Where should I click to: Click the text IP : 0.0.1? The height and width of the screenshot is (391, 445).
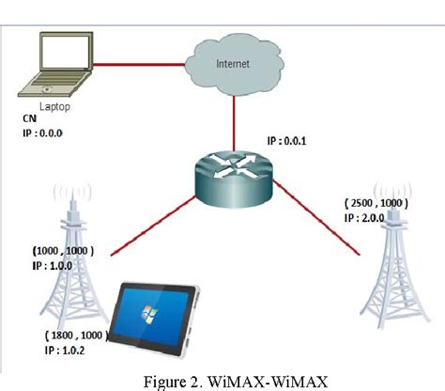pos(286,141)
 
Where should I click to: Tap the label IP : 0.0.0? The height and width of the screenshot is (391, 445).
pos(42,133)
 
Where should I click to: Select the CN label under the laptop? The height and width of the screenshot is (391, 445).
pos(29,118)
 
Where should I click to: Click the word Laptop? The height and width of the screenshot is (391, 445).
pos(54,107)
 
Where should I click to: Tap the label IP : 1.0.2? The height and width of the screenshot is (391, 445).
pos(65,350)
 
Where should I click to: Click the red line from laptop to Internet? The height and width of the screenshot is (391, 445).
pos(139,65)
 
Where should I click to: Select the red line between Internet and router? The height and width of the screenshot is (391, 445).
pos(234,123)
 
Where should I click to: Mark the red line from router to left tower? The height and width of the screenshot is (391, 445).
pos(153,226)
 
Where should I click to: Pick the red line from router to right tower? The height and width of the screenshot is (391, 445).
pos(316,217)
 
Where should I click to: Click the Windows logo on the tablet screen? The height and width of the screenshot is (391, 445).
pos(149,314)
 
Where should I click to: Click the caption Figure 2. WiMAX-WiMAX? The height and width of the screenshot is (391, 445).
pos(236,382)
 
